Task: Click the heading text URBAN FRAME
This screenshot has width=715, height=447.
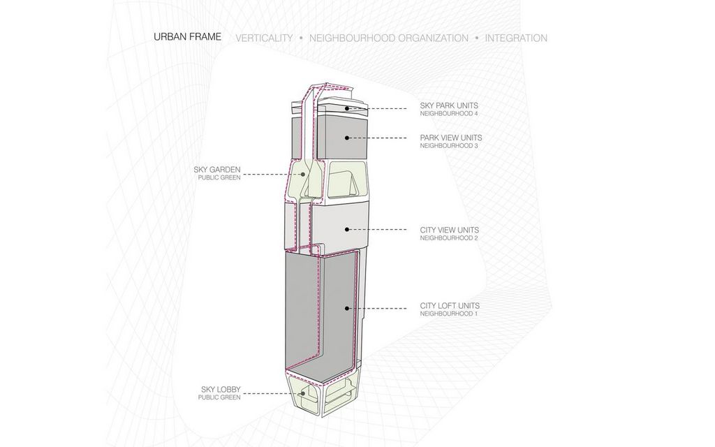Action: pos(187,37)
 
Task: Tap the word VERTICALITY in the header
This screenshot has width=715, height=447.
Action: pos(264,38)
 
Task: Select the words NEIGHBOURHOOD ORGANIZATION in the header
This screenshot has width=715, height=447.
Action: pos(388,38)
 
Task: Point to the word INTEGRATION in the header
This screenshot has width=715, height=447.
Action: pos(516,38)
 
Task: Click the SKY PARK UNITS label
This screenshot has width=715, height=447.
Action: pos(449,105)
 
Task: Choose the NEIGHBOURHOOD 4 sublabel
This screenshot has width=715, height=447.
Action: pos(449,114)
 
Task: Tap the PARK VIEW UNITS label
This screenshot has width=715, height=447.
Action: pos(451,138)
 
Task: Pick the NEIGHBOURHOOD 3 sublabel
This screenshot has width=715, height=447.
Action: pos(449,146)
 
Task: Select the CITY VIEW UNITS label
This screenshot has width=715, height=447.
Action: pos(450,230)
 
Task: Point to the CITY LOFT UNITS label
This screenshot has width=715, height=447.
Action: pos(450,306)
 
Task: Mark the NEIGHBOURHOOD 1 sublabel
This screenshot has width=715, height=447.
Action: pos(449,314)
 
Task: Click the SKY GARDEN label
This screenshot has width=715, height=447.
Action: pos(217,170)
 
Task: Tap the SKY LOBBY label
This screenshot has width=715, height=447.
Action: pos(221,390)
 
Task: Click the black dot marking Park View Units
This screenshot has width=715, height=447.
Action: pos(347,138)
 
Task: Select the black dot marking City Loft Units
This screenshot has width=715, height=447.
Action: pos(347,308)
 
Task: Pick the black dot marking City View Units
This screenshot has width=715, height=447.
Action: pos(347,230)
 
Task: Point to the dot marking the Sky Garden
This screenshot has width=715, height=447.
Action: pos(302,174)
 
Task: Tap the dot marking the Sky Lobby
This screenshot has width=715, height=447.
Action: pos(302,393)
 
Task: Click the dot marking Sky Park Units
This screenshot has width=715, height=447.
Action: pos(347,108)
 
